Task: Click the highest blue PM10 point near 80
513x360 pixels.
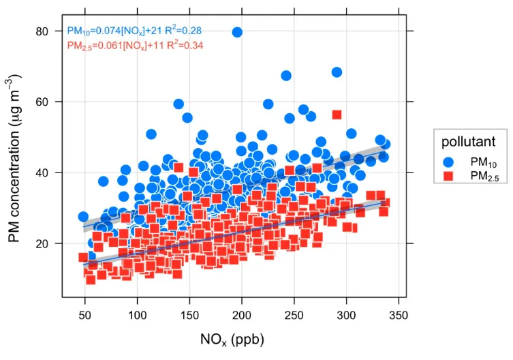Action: [x=237, y=32]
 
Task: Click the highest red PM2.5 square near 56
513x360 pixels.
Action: [x=337, y=115]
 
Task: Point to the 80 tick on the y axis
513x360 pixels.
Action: [x=48, y=31]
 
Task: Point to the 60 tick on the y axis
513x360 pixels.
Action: [x=48, y=102]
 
